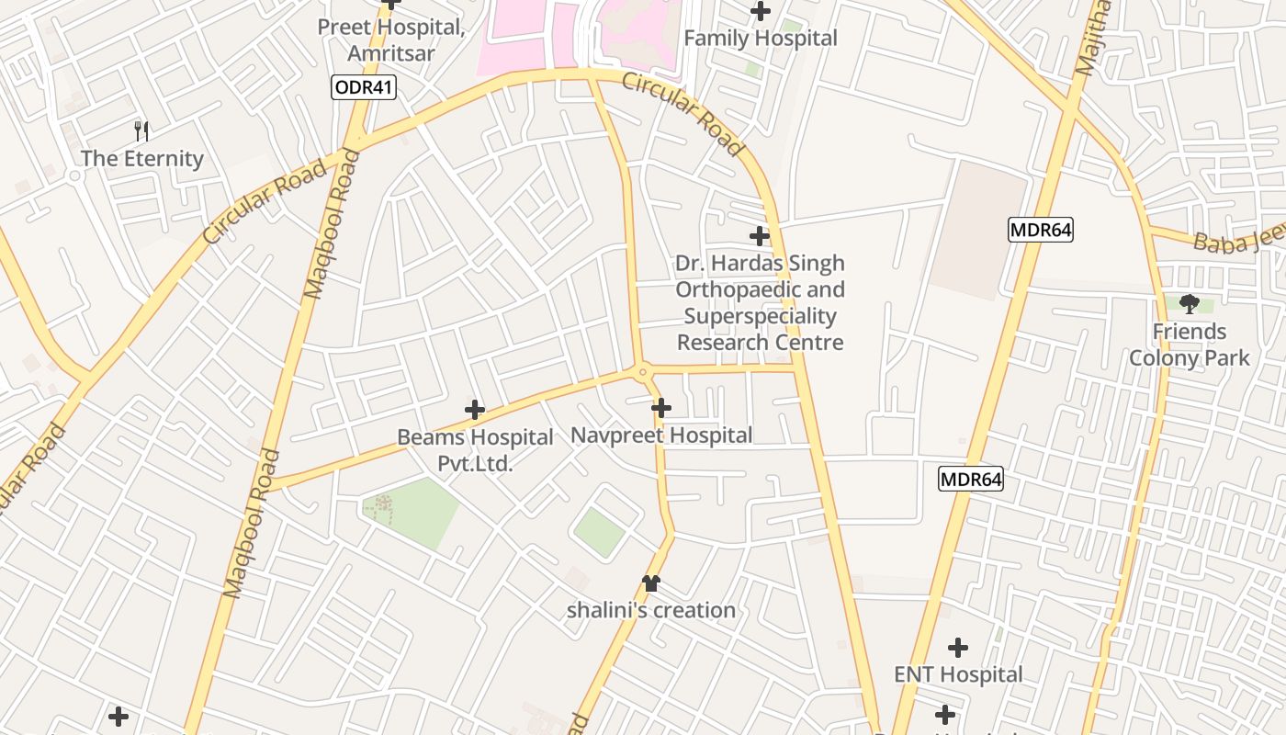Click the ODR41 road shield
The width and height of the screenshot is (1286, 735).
364,87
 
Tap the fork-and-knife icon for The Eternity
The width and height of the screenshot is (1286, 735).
141,130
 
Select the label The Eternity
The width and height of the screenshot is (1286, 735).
142,159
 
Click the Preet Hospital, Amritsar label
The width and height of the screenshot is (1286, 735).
391,40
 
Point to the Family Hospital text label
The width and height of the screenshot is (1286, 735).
761,39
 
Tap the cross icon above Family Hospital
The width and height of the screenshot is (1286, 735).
761,12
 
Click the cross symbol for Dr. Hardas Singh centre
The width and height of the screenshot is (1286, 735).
760,236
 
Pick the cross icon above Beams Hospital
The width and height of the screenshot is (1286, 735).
475,410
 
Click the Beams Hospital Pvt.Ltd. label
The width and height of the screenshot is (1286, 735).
475,450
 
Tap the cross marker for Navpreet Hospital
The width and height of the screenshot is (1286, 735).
661,408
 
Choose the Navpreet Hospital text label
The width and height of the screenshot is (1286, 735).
661,435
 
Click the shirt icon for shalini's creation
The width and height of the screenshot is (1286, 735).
651,582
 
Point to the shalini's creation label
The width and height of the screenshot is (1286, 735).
651,610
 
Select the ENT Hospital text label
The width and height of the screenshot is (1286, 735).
958,675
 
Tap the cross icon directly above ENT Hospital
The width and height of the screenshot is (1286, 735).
958,648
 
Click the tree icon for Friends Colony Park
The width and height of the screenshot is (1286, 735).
1190,303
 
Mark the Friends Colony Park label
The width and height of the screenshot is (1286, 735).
1190,345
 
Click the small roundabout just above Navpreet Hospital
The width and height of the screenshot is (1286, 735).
643,372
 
